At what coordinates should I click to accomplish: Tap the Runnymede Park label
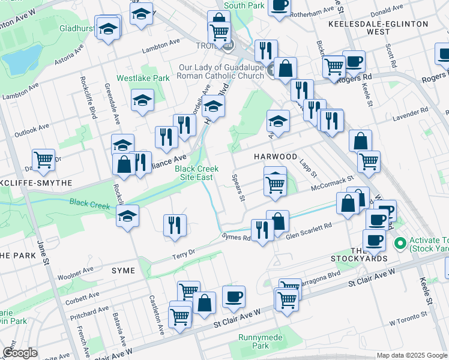(261, 341)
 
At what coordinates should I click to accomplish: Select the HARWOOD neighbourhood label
(275, 156)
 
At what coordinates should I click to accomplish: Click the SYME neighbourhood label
(124, 271)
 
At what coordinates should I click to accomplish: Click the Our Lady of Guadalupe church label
(220, 71)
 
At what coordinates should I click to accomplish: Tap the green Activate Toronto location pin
(399, 244)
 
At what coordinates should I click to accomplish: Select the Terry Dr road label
(184, 254)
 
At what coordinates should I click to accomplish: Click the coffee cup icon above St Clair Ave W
(234, 296)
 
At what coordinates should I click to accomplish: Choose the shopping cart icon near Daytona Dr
(43, 160)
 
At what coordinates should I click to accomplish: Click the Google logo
(20, 353)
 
